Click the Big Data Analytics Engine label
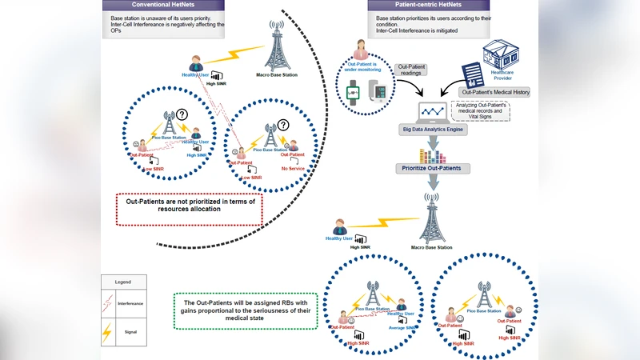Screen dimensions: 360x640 click(433, 128)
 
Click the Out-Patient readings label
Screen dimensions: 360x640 click(416, 70)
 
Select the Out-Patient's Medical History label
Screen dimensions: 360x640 click(498, 92)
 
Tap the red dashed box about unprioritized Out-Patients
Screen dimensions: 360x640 click(190, 206)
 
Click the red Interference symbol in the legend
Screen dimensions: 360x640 click(107, 304)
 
